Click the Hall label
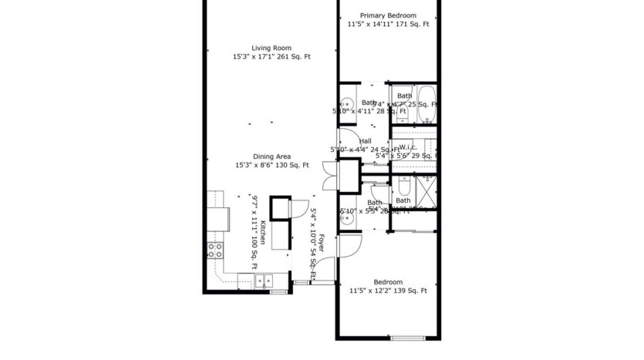[366, 140]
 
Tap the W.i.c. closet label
[408, 147]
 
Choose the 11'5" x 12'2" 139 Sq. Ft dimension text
[388, 291]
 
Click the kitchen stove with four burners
[215, 250]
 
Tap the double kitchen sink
[263, 281]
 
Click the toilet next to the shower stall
[404, 187]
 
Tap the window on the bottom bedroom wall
[408, 338]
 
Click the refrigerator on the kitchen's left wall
[215, 219]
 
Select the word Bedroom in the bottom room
[388, 282]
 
